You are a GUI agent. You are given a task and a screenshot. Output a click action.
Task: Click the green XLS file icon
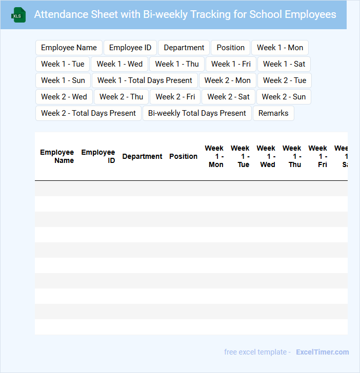(18, 15)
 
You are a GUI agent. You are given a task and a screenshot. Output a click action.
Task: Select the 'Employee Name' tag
(69, 48)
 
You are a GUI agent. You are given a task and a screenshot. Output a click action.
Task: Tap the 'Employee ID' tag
(130, 48)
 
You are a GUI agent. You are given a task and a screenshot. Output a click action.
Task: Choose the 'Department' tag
(184, 48)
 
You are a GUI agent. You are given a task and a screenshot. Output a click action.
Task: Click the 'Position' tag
(230, 48)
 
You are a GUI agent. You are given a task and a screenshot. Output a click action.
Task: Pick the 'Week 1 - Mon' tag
(280, 48)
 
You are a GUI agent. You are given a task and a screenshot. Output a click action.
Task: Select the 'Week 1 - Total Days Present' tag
(145, 80)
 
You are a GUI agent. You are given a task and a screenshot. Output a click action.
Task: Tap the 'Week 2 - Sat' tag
(228, 97)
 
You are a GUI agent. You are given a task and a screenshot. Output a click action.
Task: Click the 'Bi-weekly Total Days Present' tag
(197, 113)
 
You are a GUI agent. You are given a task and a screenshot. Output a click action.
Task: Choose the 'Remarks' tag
(273, 113)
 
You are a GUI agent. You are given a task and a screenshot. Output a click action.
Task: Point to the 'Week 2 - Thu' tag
(121, 97)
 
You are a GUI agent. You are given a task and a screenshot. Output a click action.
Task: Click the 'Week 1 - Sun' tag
(63, 80)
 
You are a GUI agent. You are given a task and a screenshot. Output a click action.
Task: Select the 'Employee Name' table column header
(57, 156)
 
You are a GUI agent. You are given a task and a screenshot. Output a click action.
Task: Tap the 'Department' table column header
(142, 156)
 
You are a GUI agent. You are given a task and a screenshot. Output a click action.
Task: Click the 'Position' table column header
(183, 156)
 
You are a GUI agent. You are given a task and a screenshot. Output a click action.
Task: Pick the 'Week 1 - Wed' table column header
(266, 156)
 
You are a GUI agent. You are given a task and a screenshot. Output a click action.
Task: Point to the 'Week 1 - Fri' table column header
(318, 156)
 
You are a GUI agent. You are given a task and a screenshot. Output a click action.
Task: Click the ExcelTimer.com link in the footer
(322, 352)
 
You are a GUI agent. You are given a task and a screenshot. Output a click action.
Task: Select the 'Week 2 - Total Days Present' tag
(88, 113)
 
